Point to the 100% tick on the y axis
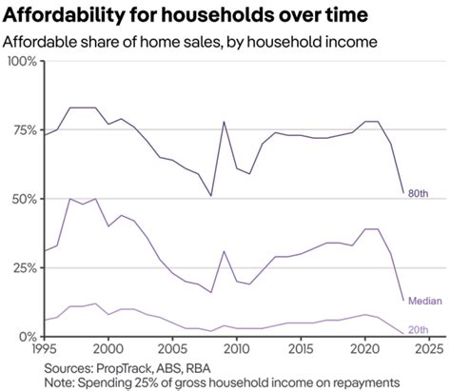coord(20,62)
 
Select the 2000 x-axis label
coord(108,347)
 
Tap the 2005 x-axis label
coord(172,347)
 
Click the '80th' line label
coord(418,193)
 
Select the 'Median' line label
coord(423,301)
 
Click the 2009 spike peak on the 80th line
coord(224,122)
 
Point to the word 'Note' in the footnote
coord(62,381)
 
